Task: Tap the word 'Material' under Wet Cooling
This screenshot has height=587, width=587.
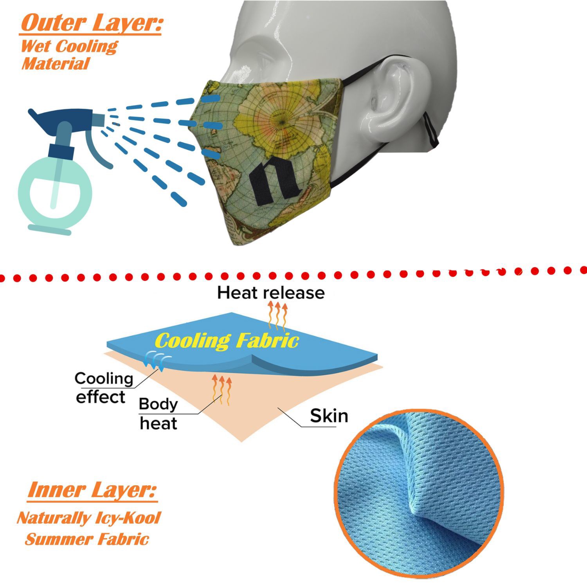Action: click(56, 64)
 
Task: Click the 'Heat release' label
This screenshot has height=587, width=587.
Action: click(271, 293)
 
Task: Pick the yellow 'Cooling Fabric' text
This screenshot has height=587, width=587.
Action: click(227, 340)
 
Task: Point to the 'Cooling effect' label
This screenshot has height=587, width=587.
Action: click(104, 387)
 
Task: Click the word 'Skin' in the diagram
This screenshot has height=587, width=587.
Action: click(329, 416)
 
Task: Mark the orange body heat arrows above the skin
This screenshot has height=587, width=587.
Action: click(222, 389)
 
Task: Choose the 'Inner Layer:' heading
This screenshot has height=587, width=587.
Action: click(92, 490)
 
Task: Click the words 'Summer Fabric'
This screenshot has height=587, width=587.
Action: click(87, 539)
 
